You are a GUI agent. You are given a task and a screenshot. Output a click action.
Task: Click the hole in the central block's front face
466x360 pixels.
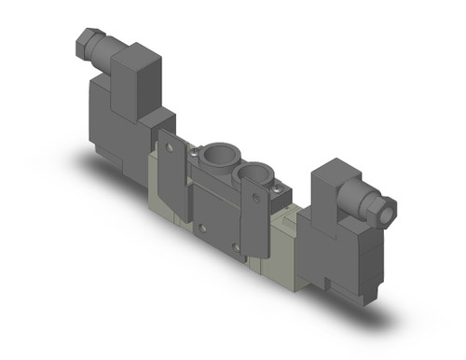click(199, 224)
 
